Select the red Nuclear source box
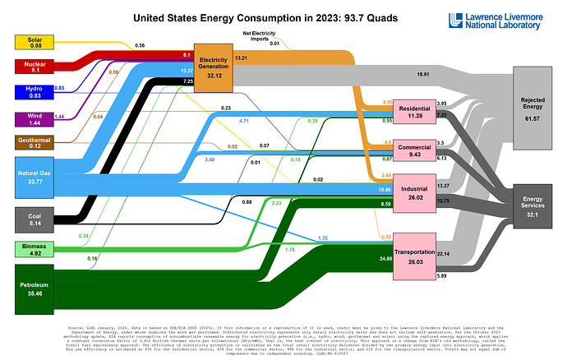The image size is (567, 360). tap(34, 67)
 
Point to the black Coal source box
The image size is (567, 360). tap(34, 218)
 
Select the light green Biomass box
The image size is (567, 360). tap(34, 249)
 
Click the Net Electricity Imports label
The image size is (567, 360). tap(260, 35)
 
